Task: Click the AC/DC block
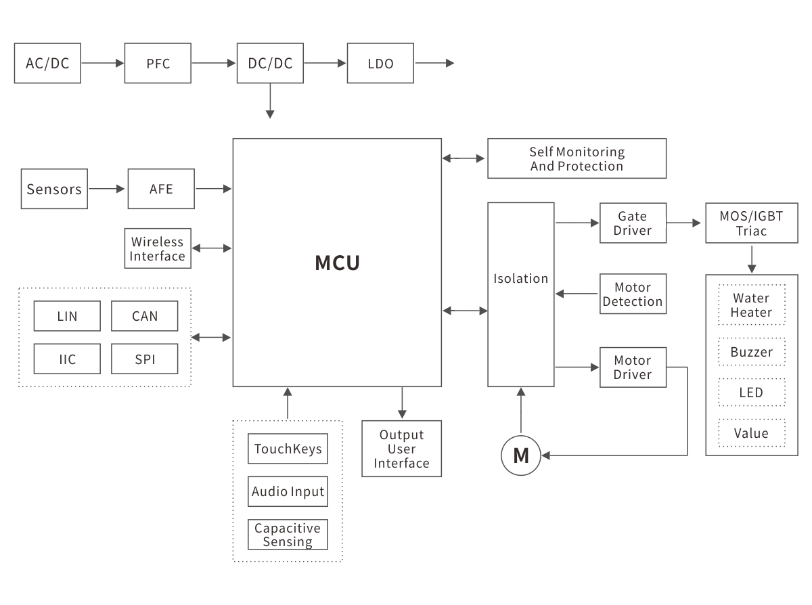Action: coord(47,64)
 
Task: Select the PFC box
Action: coord(158,64)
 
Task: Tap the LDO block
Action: coord(380,64)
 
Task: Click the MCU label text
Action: coord(337,263)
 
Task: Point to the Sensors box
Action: coord(54,189)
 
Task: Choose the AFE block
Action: coord(161,189)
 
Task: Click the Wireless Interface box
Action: coord(157,248)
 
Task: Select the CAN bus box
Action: coord(144,316)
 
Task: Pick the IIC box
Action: coord(67,359)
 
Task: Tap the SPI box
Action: coord(144,359)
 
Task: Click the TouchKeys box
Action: coord(288,449)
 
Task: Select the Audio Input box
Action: coord(288,491)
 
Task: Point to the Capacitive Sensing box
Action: coord(288,535)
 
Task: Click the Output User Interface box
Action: coord(401,449)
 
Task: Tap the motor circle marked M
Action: coord(521,455)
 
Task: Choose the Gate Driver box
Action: coord(633,223)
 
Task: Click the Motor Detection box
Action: coord(633,294)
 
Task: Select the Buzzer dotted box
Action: coord(751,352)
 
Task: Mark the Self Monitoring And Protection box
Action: coord(577,158)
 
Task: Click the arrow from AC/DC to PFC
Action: coord(102,64)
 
